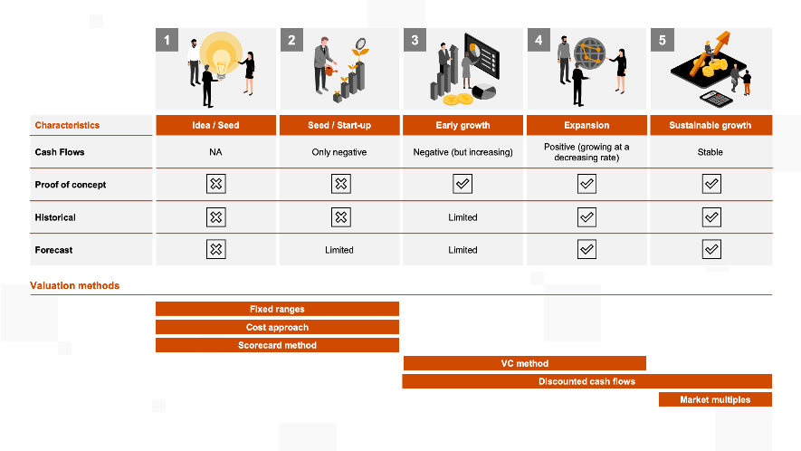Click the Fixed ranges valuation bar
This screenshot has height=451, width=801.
277,309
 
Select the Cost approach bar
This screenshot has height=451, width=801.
277,327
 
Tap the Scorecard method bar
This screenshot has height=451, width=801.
277,345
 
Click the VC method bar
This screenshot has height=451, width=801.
525,363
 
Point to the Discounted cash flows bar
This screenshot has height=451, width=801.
586,381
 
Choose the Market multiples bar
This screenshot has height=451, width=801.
714,399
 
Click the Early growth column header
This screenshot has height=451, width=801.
462,125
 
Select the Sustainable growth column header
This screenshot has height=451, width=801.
710,125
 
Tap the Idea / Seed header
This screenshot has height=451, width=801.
215,125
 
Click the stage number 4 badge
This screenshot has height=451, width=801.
539,41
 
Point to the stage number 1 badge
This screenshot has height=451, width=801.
167,41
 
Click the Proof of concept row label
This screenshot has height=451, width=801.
70,185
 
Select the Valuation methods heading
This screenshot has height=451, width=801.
74,285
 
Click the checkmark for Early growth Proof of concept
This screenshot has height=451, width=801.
462,185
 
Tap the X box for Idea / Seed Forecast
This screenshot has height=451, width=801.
215,250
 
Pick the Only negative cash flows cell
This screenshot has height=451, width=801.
339,152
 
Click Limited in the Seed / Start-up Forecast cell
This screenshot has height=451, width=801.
339,250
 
